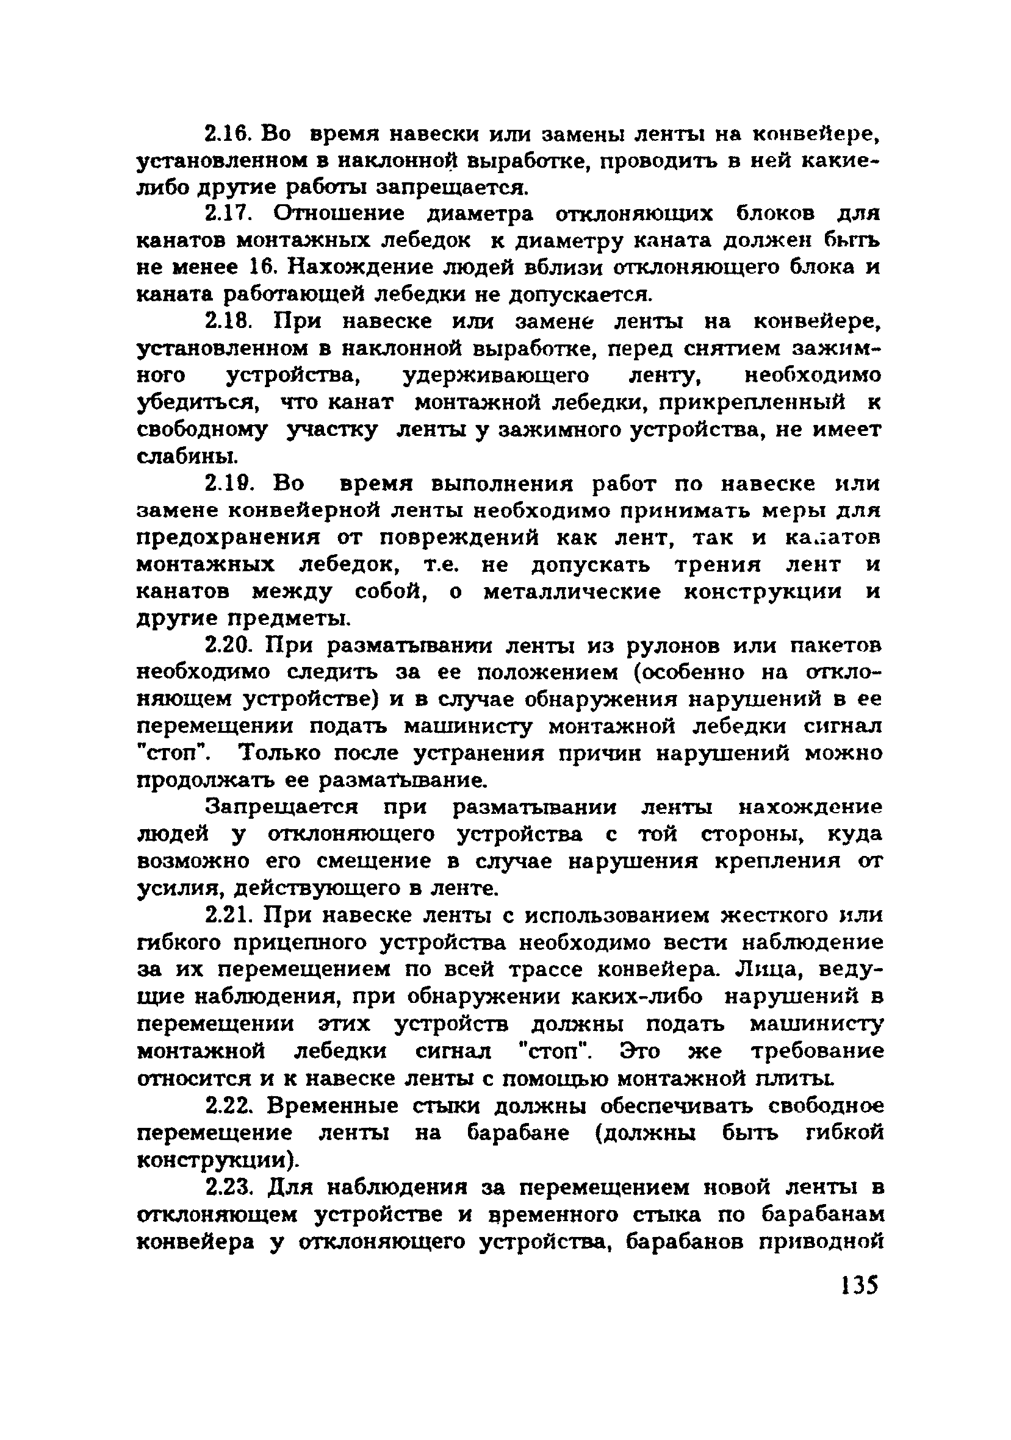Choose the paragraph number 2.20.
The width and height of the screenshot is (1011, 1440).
231,646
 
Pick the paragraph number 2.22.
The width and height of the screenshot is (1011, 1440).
231,1106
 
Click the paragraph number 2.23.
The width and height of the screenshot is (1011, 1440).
231,1187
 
